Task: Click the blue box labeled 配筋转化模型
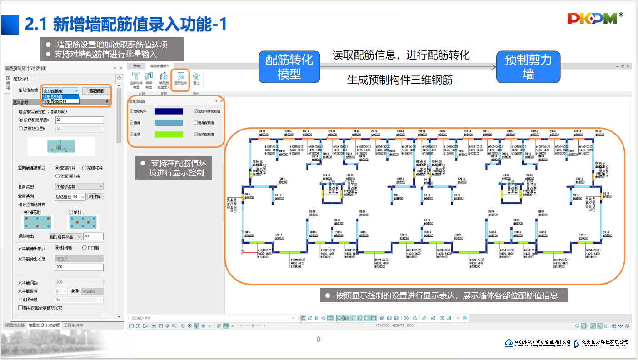click(289, 66)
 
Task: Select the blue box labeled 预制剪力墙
click(528, 66)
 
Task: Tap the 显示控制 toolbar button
click(181, 79)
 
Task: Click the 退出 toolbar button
click(196, 79)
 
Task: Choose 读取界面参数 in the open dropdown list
click(55, 101)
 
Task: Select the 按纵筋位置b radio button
click(21, 129)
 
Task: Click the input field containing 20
click(80, 120)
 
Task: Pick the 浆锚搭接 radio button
click(85, 168)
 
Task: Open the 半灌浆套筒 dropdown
click(79, 186)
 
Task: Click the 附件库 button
click(95, 196)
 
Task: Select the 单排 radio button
click(71, 212)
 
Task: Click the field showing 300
click(93, 236)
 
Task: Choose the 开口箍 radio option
click(85, 248)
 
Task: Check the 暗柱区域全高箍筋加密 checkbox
click(20, 308)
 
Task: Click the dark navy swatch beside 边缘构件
click(169, 111)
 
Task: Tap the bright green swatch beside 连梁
click(169, 134)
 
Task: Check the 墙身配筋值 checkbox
click(195, 123)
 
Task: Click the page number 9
click(319, 339)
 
